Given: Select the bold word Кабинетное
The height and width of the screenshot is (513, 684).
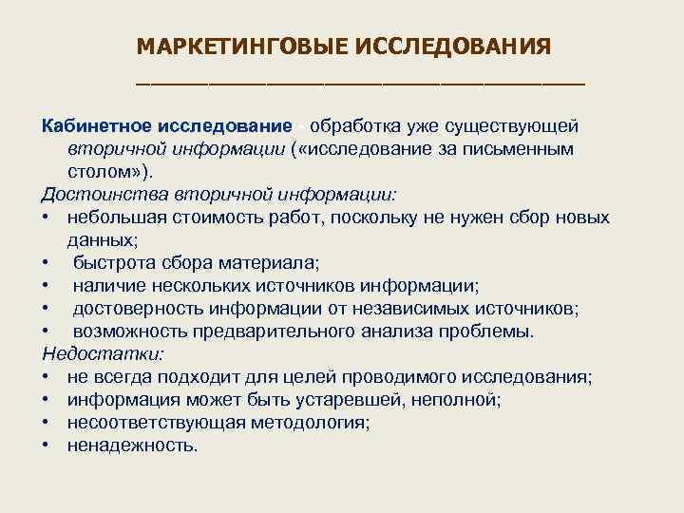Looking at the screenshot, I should point(100,126).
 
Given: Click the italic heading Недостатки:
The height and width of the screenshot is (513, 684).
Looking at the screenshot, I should point(103,354).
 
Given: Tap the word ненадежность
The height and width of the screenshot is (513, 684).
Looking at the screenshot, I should point(131,446).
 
